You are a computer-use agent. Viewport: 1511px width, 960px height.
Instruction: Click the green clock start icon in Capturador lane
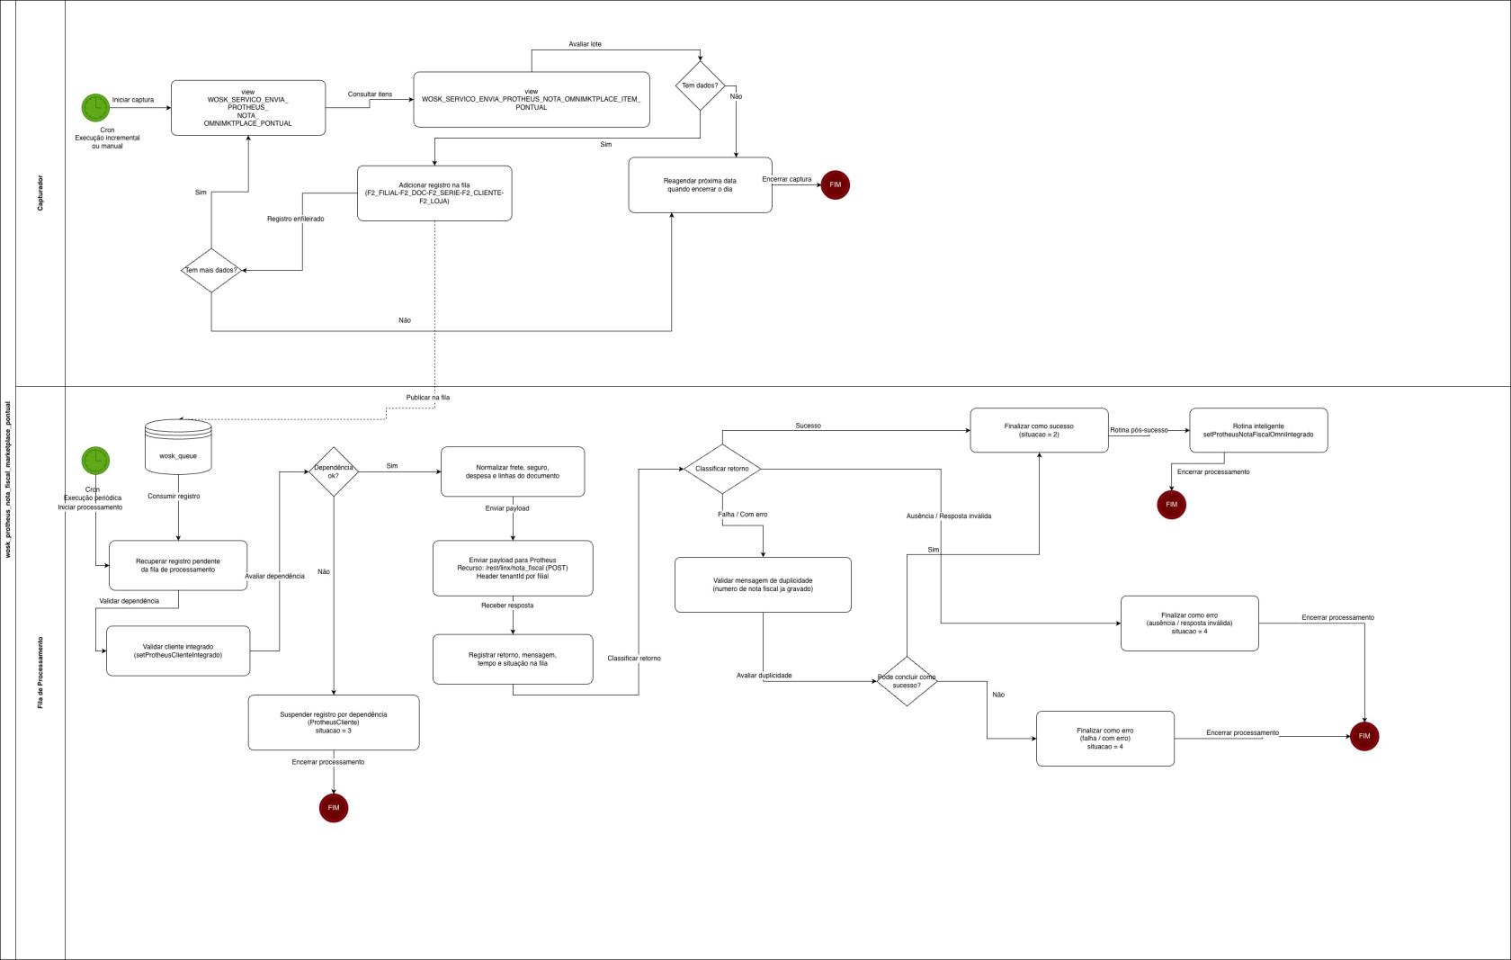pyautogui.click(x=95, y=107)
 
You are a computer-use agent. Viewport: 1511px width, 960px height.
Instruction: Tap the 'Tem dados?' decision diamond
pyautogui.click(x=700, y=86)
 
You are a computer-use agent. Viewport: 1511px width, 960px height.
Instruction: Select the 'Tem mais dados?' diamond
pyautogui.click(x=211, y=270)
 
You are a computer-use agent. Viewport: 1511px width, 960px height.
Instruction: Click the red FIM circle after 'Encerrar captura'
pyautogui.click(x=835, y=184)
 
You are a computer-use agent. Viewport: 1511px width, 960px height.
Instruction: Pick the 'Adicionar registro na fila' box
pyautogui.click(x=434, y=193)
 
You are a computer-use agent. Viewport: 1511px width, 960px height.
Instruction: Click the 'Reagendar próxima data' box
pyautogui.click(x=700, y=185)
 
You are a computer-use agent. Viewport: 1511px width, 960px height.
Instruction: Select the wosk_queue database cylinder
pyautogui.click(x=178, y=447)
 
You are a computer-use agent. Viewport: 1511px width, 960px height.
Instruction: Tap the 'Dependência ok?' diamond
pyautogui.click(x=334, y=471)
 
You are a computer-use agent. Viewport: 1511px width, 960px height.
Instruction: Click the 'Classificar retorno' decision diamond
pyautogui.click(x=722, y=469)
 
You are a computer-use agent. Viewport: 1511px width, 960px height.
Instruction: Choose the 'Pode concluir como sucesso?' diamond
pyautogui.click(x=907, y=681)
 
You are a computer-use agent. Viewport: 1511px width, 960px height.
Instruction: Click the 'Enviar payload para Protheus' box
pyautogui.click(x=513, y=568)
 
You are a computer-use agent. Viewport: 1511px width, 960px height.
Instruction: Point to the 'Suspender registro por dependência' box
pyautogui.click(x=334, y=722)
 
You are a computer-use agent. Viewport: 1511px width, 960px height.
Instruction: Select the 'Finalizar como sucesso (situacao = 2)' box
pyautogui.click(x=1039, y=430)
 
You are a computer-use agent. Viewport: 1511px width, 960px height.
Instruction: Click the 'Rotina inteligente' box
pyautogui.click(x=1258, y=430)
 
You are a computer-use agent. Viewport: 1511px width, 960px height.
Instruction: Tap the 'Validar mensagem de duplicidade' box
pyautogui.click(x=763, y=585)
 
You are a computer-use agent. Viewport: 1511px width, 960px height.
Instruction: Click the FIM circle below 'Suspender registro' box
pyautogui.click(x=334, y=808)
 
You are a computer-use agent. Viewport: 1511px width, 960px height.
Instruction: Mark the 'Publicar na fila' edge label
pyautogui.click(x=428, y=398)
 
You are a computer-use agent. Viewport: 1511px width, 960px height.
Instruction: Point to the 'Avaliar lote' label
pyautogui.click(x=585, y=44)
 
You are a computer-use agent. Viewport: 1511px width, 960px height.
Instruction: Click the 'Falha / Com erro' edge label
pyautogui.click(x=743, y=515)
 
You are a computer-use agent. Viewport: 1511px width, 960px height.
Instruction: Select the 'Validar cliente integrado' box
pyautogui.click(x=178, y=650)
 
